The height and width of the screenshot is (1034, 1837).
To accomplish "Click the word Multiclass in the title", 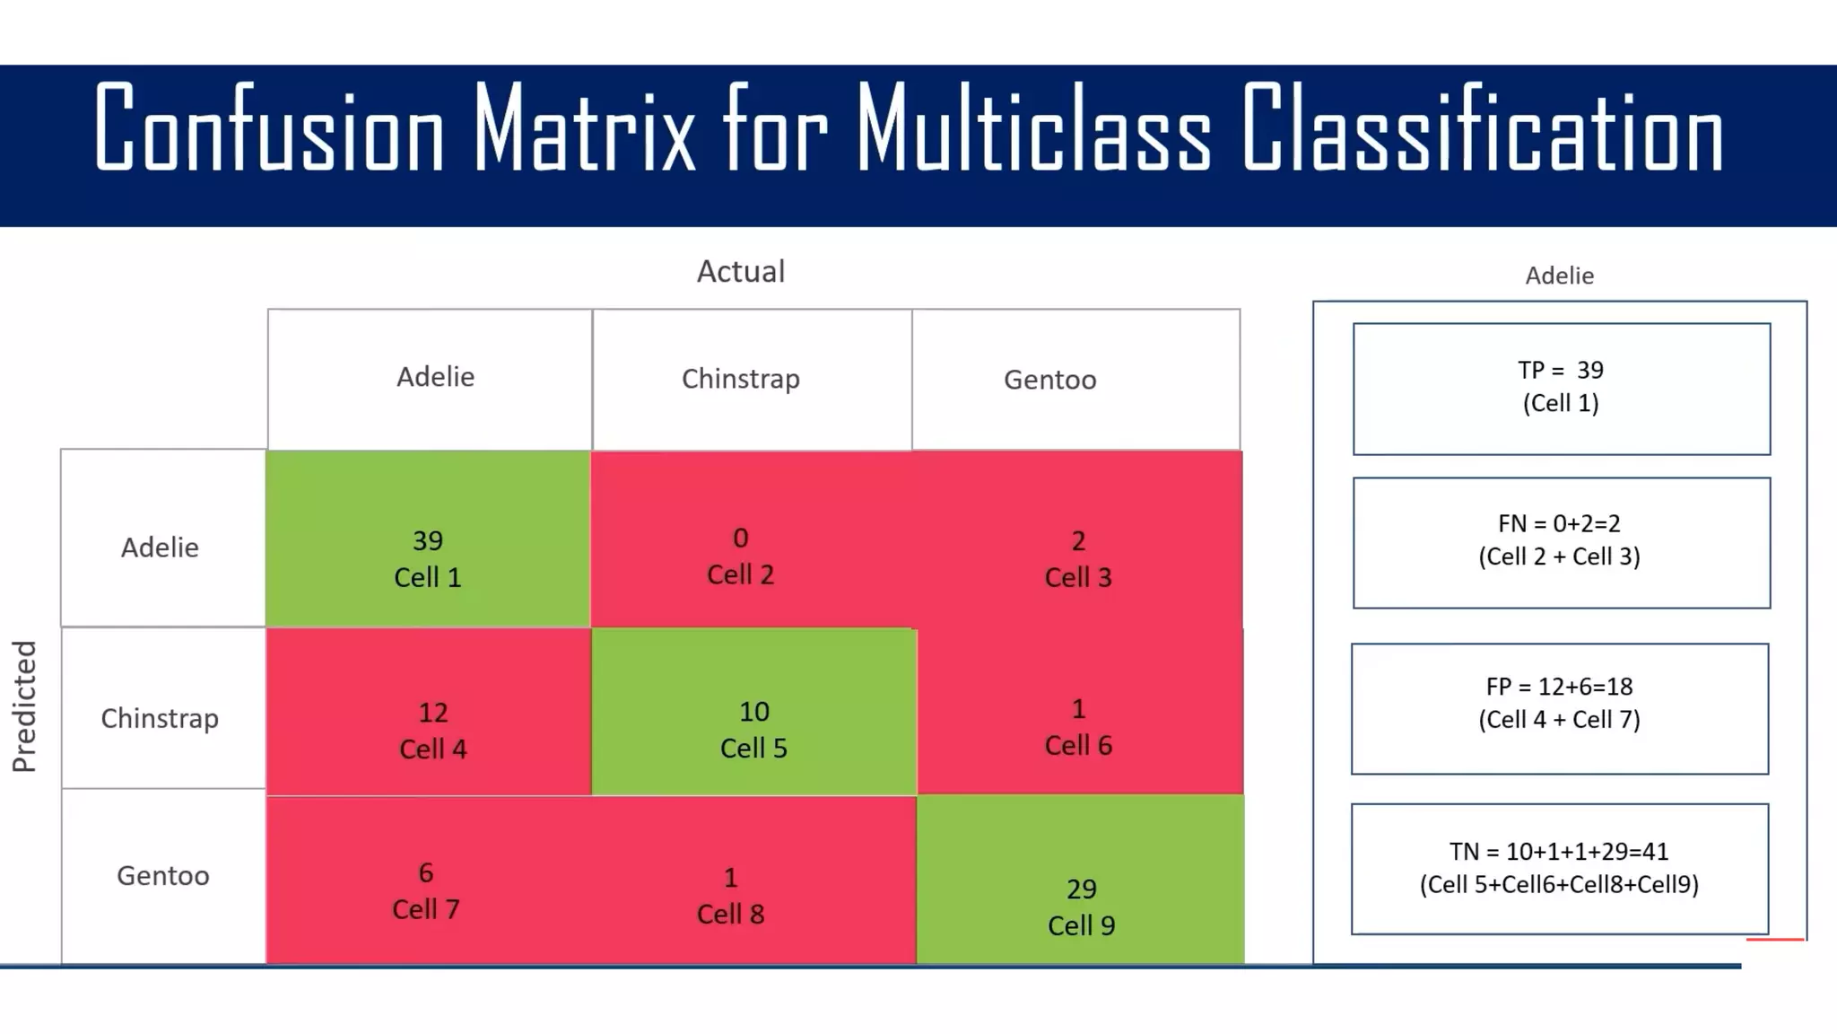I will coord(1033,128).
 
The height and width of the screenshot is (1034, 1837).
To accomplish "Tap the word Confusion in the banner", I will coord(269,128).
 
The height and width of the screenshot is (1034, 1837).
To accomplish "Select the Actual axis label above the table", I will coord(741,271).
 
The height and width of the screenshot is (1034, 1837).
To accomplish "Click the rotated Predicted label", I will coord(24,706).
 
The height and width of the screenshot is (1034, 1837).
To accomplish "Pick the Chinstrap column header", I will coord(741,379).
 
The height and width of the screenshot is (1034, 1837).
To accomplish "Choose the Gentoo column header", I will coord(1049,380).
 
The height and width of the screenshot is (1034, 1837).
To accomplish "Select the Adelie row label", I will coord(161,547).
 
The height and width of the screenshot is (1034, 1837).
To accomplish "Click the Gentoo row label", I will coord(163,875).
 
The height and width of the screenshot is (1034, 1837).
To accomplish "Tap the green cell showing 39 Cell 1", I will coord(428,557).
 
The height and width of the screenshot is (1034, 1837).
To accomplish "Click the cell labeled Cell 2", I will coord(741,556).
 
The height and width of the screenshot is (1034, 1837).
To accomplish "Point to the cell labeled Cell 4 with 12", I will coord(432,730).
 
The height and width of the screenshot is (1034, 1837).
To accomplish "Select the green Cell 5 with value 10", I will coord(753,729).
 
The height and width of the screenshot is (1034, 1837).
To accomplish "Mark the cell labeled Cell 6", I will coord(1078,727).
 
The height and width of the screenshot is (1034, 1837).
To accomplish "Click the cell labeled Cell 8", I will coord(731,895).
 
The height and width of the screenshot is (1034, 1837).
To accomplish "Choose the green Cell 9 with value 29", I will coord(1081,906).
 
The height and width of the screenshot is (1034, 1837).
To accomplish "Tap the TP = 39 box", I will coord(1561,388).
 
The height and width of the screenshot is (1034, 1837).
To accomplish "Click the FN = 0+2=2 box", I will coord(1561,541).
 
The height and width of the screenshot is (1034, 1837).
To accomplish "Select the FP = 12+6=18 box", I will coord(1559,704).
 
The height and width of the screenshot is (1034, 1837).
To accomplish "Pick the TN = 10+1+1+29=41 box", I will coord(1559,868).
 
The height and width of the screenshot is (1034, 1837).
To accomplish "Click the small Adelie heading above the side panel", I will coord(1559,276).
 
